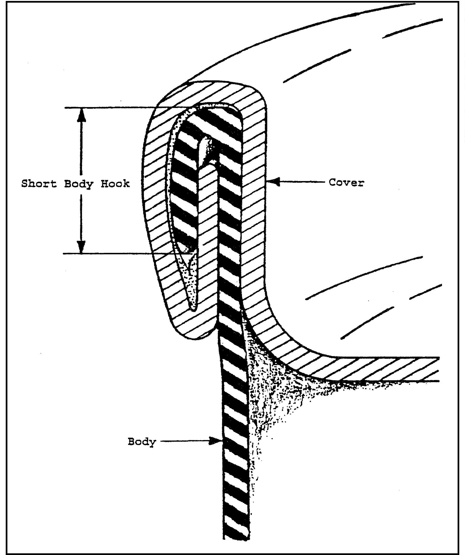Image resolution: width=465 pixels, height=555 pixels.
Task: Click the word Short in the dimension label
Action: click(x=39, y=183)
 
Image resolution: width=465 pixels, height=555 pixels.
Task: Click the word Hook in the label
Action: click(x=115, y=183)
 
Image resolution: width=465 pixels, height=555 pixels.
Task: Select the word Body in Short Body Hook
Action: click(x=79, y=184)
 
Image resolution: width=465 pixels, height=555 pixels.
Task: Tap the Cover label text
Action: click(x=346, y=182)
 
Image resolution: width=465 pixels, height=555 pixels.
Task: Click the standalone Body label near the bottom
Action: click(x=142, y=442)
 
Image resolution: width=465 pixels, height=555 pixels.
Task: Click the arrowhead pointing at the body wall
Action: click(x=215, y=441)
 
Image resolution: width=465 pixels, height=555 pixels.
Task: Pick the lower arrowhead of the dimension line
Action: click(x=81, y=247)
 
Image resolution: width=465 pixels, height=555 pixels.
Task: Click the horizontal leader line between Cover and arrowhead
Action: click(x=301, y=182)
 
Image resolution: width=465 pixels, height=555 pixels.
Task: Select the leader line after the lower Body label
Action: click(x=185, y=441)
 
